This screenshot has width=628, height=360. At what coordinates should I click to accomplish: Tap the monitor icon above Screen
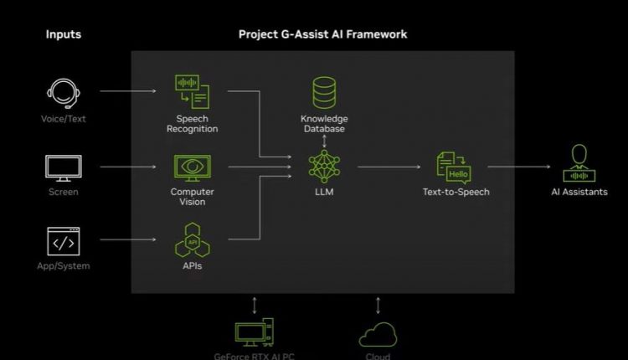(64, 167)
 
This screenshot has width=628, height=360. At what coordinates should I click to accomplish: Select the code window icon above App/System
(64, 241)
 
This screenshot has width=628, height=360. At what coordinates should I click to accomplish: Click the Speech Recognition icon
(192, 91)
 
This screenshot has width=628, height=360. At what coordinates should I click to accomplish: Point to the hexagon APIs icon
(192, 241)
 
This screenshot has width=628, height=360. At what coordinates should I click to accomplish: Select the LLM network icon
(324, 167)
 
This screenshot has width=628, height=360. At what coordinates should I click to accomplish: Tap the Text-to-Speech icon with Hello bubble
(455, 167)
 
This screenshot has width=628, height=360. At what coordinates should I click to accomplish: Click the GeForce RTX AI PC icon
(255, 333)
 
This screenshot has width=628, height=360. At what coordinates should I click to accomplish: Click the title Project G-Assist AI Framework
(322, 34)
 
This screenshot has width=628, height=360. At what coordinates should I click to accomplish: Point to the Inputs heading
(64, 34)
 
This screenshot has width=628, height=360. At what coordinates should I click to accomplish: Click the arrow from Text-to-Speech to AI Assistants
(524, 167)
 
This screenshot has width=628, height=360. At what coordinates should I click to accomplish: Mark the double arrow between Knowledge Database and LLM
(324, 141)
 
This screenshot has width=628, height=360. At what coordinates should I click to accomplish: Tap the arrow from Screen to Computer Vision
(121, 167)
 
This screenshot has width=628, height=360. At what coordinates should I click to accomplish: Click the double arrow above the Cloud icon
(378, 305)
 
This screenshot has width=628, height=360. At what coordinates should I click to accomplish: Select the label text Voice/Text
(64, 119)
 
